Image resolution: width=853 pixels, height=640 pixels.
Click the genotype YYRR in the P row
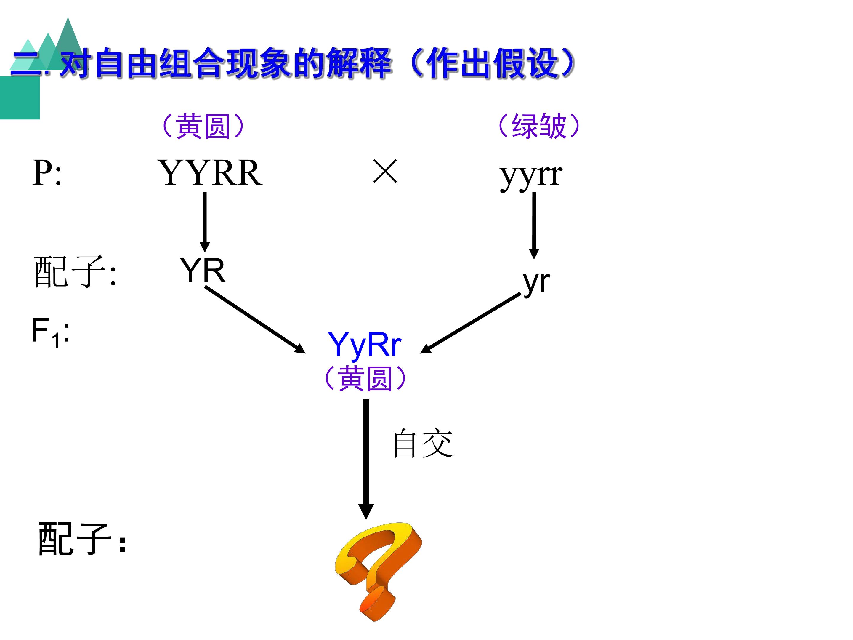coord(210,173)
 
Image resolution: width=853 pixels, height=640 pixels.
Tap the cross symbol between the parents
coord(385,171)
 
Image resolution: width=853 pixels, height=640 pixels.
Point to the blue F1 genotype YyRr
coord(364,345)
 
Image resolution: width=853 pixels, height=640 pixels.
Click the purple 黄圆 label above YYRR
coord(203,126)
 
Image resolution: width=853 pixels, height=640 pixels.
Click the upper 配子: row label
coord(75,272)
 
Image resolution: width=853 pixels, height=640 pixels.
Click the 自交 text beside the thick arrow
coord(423,443)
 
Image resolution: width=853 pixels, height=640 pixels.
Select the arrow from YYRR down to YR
coord(205,223)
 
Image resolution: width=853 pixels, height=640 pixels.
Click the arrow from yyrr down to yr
coord(534,226)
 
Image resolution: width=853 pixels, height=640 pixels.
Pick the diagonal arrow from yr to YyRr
coord(470,323)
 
